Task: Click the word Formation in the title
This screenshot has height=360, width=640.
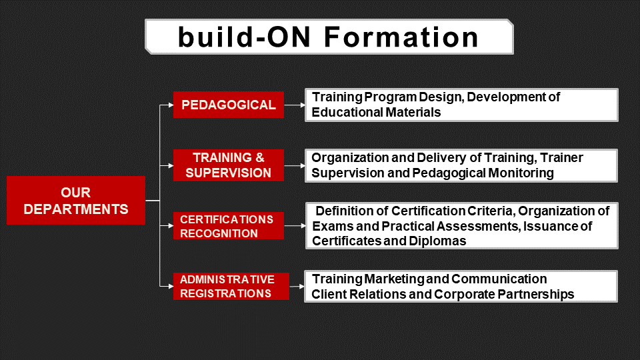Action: coord(401,37)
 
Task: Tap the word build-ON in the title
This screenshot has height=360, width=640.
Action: coord(245,37)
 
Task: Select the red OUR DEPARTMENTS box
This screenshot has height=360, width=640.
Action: coord(76,201)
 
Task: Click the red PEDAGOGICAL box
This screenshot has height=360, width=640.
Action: coord(229,105)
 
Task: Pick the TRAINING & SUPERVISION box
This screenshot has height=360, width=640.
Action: coord(229,165)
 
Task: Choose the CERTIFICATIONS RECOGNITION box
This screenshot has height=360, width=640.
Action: coord(229,226)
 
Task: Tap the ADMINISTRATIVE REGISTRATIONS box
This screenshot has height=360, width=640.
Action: coord(231,286)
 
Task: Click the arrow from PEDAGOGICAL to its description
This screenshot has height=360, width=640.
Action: coord(295,105)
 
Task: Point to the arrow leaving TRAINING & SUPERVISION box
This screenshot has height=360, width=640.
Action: coord(295,166)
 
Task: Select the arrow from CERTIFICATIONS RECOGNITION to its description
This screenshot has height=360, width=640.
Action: coord(295,226)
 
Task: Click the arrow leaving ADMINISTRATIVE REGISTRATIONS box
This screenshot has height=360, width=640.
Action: coord(297,287)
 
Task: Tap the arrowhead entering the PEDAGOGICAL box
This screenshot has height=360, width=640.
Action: coord(171,105)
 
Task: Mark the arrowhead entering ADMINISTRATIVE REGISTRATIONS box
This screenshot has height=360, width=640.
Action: coord(171,286)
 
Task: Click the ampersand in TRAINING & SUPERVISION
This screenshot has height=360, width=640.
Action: coord(259,158)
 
